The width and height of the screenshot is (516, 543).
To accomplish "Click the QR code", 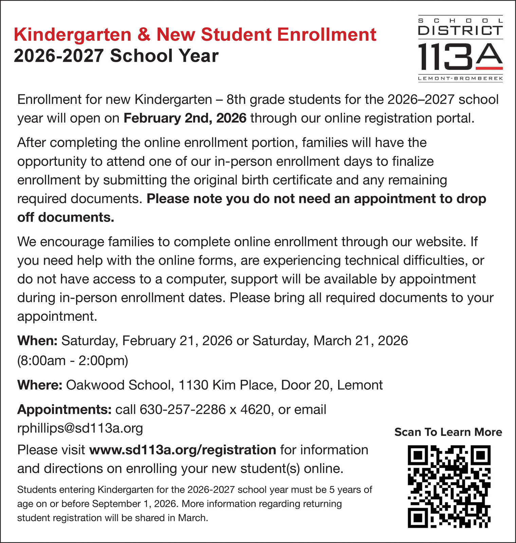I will click(449, 486).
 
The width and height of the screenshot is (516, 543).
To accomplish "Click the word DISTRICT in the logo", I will click(460, 31).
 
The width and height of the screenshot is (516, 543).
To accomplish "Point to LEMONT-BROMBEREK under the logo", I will click(460, 79).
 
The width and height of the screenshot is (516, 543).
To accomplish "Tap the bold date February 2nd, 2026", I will click(185, 118).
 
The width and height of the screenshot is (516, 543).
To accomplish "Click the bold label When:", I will click(37, 340).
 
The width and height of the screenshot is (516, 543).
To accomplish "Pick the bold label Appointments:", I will click(64, 410).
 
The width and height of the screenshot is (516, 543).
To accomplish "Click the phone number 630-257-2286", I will click(183, 410).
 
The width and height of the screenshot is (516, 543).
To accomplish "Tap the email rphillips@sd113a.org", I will click(80, 428).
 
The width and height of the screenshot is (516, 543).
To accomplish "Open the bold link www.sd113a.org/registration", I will click(183, 450).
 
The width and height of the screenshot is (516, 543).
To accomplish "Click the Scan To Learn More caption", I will click(448, 432).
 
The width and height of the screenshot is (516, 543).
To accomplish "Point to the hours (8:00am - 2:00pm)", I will click(73, 360).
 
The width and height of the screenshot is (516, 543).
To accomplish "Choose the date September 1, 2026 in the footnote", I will click(134, 504).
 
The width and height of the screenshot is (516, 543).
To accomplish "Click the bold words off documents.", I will click(66, 217).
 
